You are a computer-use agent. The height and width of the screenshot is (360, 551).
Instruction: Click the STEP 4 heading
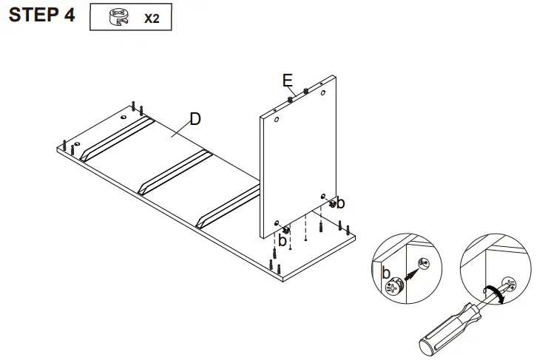pos(42,16)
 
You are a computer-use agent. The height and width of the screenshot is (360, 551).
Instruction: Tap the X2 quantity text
pos(151,18)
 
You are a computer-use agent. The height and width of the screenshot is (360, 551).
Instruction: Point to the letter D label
pos(195,118)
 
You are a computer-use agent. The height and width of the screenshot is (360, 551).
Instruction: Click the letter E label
pos(287,79)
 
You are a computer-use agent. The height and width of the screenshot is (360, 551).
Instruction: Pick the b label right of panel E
pos(342,203)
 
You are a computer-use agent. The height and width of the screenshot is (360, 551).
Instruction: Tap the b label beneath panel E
pos(282,240)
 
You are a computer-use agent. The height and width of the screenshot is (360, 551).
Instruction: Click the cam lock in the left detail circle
pos(393,285)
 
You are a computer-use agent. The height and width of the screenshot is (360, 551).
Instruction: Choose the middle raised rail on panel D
pos(175,171)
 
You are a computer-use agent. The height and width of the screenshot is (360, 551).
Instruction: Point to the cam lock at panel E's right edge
pos(333,202)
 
